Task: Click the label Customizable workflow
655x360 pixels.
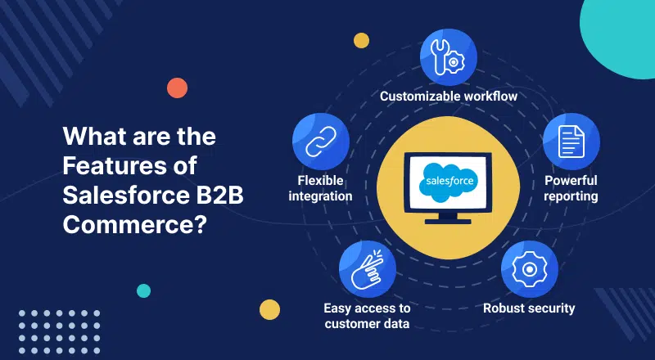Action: tap(449, 97)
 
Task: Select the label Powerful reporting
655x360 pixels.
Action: tap(571, 187)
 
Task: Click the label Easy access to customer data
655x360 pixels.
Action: tap(367, 315)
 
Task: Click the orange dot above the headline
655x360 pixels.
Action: tap(177, 88)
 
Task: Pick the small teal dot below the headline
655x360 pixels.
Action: tap(144, 290)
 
